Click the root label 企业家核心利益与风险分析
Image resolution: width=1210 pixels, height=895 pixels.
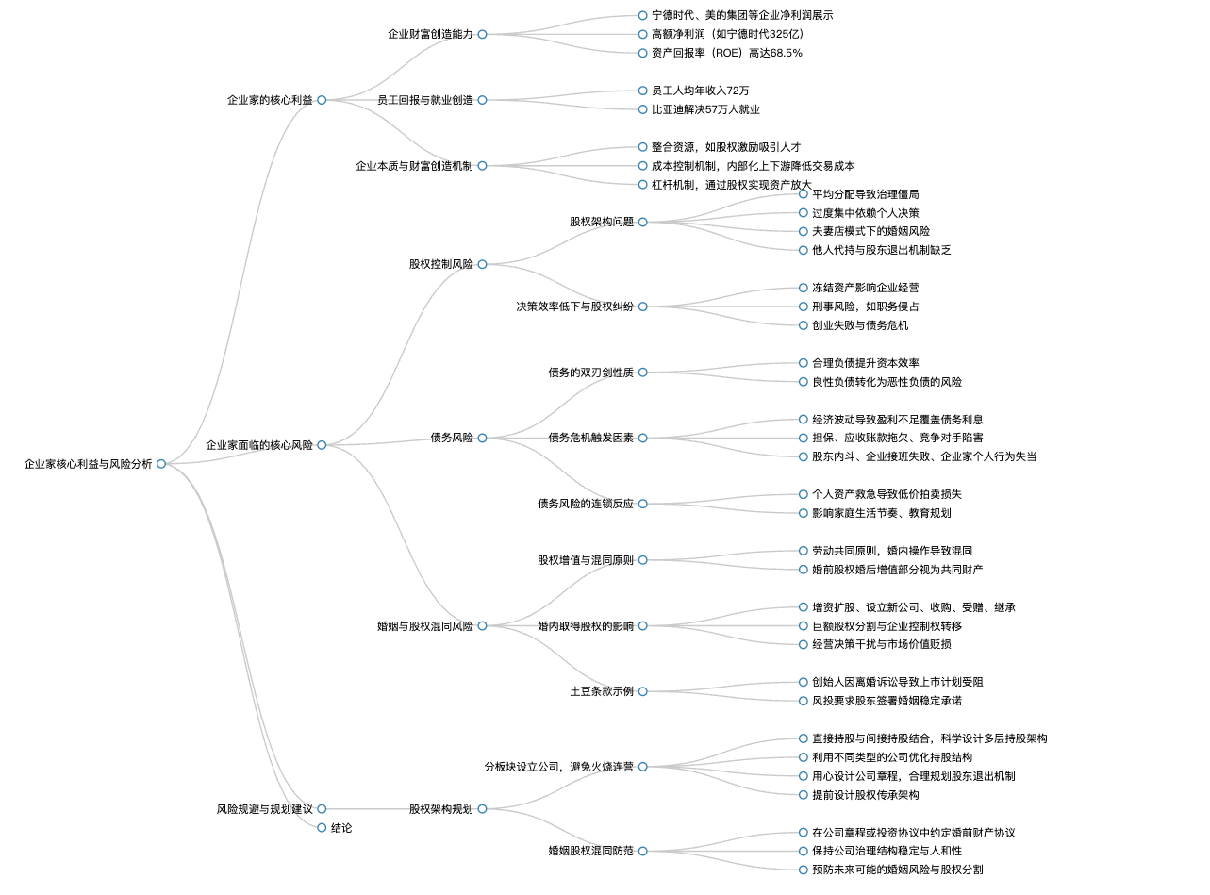(88, 464)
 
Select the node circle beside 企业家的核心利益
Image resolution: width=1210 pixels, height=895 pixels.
(322, 100)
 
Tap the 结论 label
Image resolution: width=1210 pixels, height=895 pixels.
(341, 828)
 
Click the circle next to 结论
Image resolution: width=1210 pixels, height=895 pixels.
(322, 828)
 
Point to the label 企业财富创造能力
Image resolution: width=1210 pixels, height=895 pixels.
(430, 34)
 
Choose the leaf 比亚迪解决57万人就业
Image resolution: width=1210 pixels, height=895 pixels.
(705, 109)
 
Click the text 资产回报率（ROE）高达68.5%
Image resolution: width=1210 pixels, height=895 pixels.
(726, 53)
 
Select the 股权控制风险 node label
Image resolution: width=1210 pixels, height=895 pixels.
(441, 264)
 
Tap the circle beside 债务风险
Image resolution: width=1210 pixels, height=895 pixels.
(482, 438)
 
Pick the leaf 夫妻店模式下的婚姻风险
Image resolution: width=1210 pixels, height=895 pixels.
(870, 231)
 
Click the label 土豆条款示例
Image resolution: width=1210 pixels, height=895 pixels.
(602, 691)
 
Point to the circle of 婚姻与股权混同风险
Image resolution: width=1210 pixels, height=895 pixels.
(482, 626)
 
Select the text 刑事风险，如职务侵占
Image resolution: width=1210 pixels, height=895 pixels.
(865, 307)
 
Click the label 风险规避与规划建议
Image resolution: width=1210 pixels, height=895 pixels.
(265, 809)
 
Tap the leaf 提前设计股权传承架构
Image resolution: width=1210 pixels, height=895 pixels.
(865, 795)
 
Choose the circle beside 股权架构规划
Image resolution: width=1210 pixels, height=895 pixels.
(482, 809)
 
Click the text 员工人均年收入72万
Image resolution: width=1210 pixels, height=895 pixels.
(701, 91)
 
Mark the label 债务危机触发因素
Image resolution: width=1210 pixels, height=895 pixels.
(590, 438)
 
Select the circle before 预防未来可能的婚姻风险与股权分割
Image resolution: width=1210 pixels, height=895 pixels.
(803, 870)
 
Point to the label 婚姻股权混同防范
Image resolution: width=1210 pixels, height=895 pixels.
(590, 851)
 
